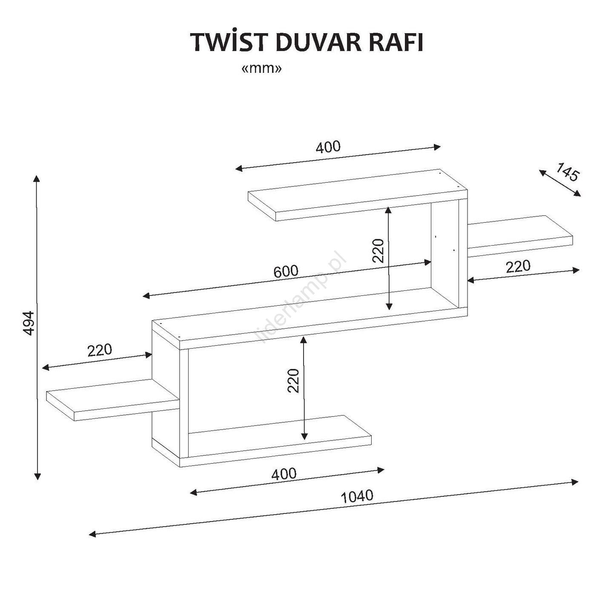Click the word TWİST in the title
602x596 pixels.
[230, 42]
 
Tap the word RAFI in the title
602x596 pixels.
[396, 43]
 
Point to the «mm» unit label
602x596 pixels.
[262, 69]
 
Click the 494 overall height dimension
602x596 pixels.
[29, 324]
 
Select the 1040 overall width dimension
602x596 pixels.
[357, 496]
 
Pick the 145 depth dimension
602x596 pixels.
[568, 172]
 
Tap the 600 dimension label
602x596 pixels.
[286, 271]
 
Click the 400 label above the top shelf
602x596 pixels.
[328, 147]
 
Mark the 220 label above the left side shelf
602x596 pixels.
[100, 350]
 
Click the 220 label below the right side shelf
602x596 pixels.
[518, 266]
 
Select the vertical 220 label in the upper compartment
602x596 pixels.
[378, 251]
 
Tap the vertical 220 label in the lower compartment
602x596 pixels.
[294, 381]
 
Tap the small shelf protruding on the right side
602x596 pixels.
[520, 236]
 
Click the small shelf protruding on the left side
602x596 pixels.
[112, 400]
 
